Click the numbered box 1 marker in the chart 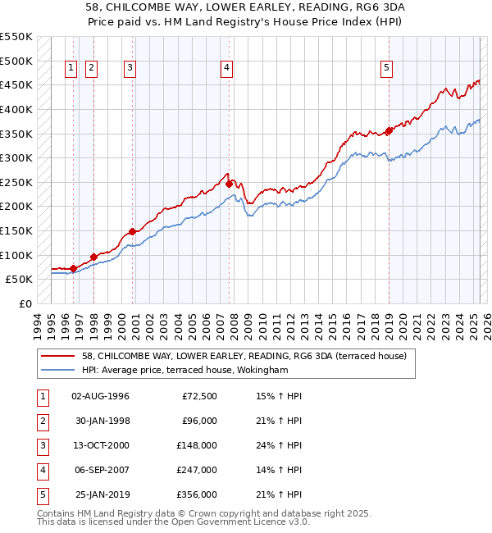point(71,68)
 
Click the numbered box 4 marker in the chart point(225,68)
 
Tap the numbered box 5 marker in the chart point(385,68)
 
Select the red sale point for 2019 point(389,130)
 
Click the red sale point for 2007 point(229,184)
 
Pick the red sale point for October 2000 point(132,232)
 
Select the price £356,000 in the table point(197,494)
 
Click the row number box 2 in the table point(42,421)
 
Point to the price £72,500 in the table point(199,396)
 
